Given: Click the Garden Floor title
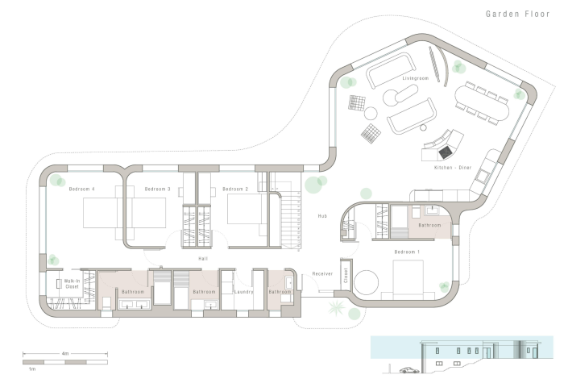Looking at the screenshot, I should click(x=516, y=14).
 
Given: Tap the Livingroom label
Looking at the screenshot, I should click(x=415, y=78).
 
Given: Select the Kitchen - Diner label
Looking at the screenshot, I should click(x=450, y=167).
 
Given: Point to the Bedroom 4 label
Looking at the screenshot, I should click(x=82, y=189).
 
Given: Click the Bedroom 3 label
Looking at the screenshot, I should click(x=157, y=189).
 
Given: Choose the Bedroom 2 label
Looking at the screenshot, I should click(x=234, y=189).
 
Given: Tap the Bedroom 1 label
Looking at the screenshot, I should click(x=407, y=252).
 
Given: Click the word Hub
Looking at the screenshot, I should click(x=321, y=216).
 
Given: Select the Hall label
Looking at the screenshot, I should click(x=203, y=258).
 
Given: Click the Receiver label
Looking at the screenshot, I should click(x=322, y=274).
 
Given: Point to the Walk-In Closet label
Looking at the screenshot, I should click(x=71, y=283).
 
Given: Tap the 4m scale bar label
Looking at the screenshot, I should click(x=64, y=352).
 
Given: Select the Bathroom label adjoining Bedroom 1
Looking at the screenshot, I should click(x=429, y=225).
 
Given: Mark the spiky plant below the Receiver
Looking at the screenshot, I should click(x=333, y=310).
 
